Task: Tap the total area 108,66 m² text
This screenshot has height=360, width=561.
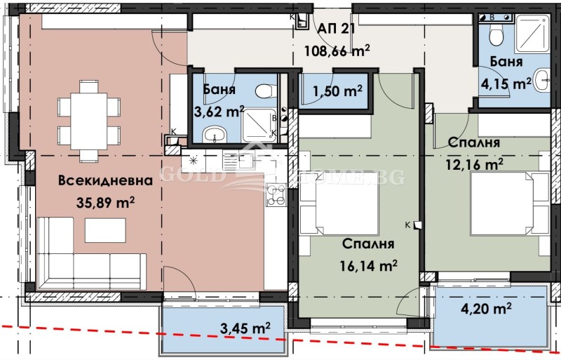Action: pyautogui.click(x=337, y=51)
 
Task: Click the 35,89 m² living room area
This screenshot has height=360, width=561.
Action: pyautogui.click(x=105, y=203)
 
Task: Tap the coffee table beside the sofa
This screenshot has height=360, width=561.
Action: pyautogui.click(x=105, y=229)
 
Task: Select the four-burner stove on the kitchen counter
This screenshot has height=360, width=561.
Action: pyautogui.click(x=275, y=195)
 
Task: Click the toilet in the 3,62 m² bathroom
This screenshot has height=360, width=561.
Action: pyautogui.click(x=264, y=92)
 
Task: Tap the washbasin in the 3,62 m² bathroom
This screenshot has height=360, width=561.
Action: pyautogui.click(x=212, y=135)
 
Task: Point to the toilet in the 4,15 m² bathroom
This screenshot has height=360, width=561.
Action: pyautogui.click(x=496, y=33)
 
